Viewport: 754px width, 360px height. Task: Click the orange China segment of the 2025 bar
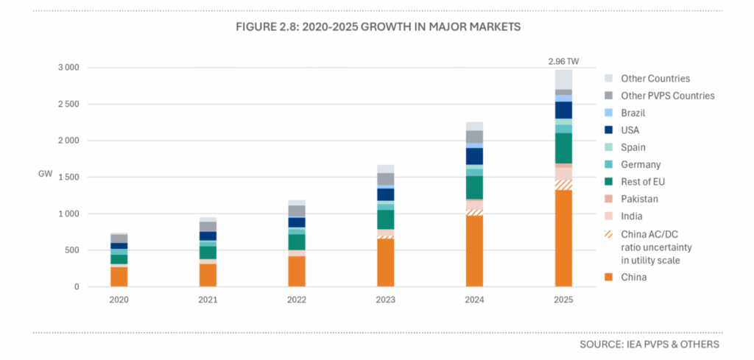[x=563, y=239]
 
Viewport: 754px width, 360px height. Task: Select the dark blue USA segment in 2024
[x=474, y=156]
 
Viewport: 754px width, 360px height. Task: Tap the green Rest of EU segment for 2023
[x=385, y=219]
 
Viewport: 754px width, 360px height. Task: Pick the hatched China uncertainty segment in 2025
[x=563, y=185]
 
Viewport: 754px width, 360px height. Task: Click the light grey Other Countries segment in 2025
[x=563, y=80]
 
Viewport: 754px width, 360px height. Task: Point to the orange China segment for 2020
[x=119, y=277]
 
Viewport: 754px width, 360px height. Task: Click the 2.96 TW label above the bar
[x=563, y=61]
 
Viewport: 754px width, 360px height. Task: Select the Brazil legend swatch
[x=608, y=113]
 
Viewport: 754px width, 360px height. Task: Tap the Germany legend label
[x=641, y=165]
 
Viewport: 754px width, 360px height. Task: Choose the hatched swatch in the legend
[x=608, y=234]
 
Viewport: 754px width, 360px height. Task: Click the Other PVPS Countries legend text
[x=667, y=96]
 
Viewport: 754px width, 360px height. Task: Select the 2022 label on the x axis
[x=296, y=300]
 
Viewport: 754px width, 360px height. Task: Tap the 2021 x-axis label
[x=207, y=300]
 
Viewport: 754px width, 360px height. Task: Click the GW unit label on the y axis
[x=45, y=174]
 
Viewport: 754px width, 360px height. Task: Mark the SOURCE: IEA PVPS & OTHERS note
[x=649, y=344]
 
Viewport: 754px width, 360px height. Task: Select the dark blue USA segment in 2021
[x=207, y=236]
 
